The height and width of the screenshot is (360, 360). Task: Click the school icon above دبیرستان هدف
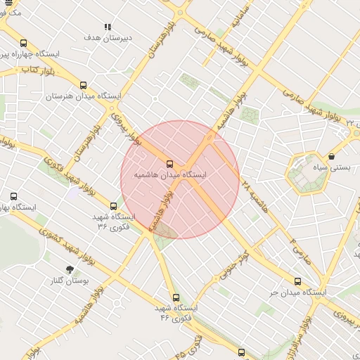pyautogui.click(x=108, y=27)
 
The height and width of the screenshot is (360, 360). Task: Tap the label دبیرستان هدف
pyautogui.click(x=108, y=37)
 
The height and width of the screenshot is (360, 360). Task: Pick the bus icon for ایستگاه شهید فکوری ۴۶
pyautogui.click(x=176, y=297)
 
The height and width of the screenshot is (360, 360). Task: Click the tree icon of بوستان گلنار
pyautogui.click(x=69, y=269)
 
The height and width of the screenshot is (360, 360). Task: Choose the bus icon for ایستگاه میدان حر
pyautogui.click(x=297, y=281)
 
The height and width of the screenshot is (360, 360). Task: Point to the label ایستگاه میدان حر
pyautogui.click(x=296, y=292)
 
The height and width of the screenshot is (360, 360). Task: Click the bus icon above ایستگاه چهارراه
pyautogui.click(x=23, y=43)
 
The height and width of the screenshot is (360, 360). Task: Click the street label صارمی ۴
pyautogui.click(x=296, y=243)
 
